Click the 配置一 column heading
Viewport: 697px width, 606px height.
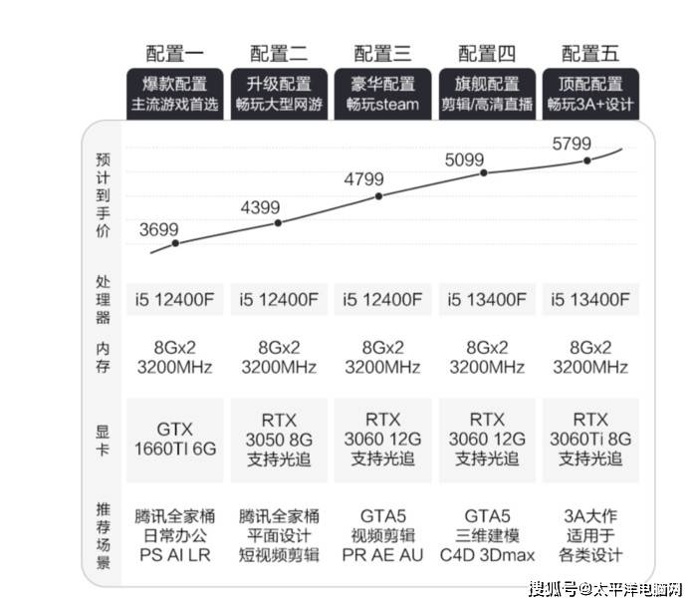pyautogui.click(x=174, y=54)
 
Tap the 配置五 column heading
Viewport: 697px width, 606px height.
pyautogui.click(x=590, y=54)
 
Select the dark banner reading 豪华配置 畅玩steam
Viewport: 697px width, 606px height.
pyautogui.click(x=382, y=94)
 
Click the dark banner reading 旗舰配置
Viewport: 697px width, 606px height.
pyautogui.click(x=487, y=94)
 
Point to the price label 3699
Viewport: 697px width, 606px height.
pyautogui.click(x=158, y=229)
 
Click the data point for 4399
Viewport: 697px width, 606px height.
pyautogui.click(x=278, y=223)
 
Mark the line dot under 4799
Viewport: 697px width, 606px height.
pyautogui.click(x=378, y=196)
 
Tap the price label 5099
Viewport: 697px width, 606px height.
pyautogui.click(x=464, y=159)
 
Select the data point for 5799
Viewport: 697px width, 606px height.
pyautogui.click(x=587, y=160)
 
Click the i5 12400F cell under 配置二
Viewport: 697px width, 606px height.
pyautogui.click(x=279, y=299)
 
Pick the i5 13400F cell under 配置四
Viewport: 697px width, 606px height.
pyautogui.click(x=487, y=299)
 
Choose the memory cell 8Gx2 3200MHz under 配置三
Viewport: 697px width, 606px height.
pyautogui.click(x=382, y=357)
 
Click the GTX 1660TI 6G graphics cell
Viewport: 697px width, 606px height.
pyautogui.click(x=174, y=440)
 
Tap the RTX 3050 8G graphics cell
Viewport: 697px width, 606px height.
pyautogui.click(x=279, y=440)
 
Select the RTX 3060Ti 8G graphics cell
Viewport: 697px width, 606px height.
pyautogui.click(x=590, y=440)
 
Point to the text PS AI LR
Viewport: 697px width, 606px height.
pyautogui.click(x=174, y=555)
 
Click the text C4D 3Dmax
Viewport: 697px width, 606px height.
pyautogui.click(x=487, y=555)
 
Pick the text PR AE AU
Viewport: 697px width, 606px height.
pyautogui.click(x=382, y=555)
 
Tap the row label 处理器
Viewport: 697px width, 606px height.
pyautogui.click(x=103, y=299)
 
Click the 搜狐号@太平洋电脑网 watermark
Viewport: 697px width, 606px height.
pyautogui.click(x=605, y=589)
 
